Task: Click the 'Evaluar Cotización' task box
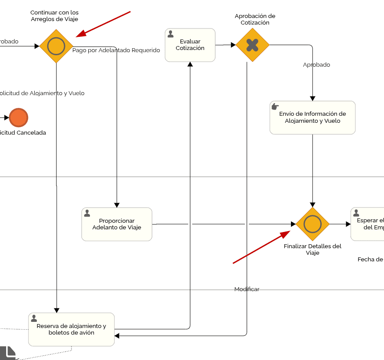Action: (190, 45)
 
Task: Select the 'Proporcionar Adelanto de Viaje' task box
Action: (117, 224)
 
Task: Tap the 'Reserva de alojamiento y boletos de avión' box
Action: (72, 329)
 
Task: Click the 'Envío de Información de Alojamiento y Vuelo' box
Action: (312, 118)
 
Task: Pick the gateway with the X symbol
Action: (252, 45)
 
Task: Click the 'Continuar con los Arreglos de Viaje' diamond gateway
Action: (56, 46)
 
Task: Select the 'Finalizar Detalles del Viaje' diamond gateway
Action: (312, 224)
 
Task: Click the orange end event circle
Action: (18, 118)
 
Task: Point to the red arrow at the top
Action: (104, 24)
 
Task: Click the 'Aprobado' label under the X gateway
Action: (316, 65)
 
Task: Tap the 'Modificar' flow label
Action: (247, 289)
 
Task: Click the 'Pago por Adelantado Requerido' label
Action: (116, 50)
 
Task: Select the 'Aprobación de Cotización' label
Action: (255, 19)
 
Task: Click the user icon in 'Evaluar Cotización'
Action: (171, 34)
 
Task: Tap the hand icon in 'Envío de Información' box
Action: (275, 107)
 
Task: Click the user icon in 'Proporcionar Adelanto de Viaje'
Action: (87, 213)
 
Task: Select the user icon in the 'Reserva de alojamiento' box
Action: (34, 318)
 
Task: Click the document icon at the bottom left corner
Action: (8, 353)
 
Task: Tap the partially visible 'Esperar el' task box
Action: (368, 224)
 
